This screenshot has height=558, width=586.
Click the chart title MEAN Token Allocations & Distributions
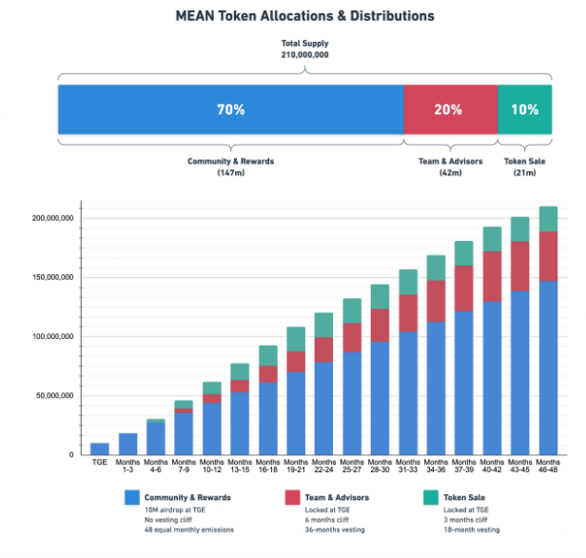292,16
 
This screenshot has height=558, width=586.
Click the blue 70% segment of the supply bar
230,110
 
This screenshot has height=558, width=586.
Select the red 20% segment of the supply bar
450,110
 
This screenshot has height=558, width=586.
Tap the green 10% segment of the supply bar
524,110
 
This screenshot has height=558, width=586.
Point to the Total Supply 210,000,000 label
304,50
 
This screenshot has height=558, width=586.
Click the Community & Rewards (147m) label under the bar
230,167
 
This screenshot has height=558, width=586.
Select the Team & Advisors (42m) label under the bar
450,167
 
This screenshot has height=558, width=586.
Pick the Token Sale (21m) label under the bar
525,167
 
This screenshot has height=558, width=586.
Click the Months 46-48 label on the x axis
548,469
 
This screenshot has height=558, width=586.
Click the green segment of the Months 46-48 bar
548,219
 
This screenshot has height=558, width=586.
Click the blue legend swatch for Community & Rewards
133,497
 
